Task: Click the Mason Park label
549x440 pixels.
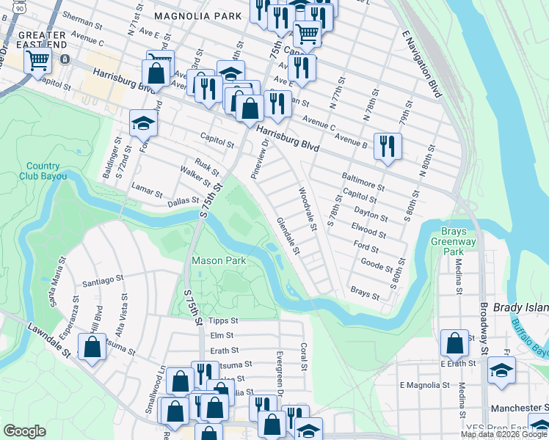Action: [218, 260]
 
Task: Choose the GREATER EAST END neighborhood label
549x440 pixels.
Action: [47, 40]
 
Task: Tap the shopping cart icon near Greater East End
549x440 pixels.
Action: [37, 59]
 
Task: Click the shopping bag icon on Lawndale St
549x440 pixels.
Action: [92, 347]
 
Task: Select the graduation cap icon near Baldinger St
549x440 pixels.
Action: [143, 122]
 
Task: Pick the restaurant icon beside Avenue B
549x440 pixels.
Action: [387, 145]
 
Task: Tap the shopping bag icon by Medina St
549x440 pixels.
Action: [454, 342]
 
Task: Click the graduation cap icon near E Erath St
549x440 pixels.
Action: [501, 370]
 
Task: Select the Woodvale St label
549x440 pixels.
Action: [307, 208]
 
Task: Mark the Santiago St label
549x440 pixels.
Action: [103, 280]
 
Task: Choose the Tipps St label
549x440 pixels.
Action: [224, 320]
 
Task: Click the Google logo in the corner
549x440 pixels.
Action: [23, 431]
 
